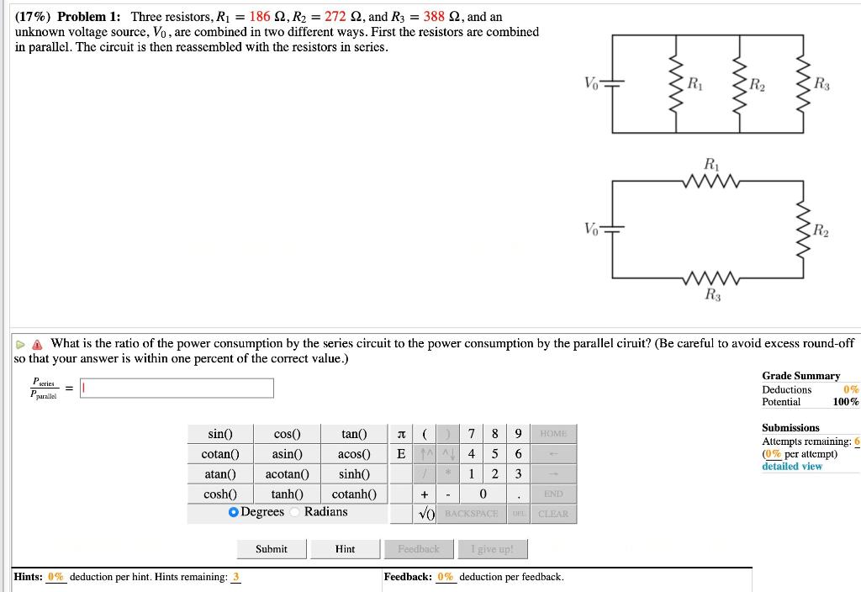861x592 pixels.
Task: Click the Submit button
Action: tap(272, 549)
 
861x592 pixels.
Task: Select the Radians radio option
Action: tap(296, 512)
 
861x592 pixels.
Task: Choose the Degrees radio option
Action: tap(234, 512)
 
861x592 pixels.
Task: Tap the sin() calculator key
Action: tap(219, 434)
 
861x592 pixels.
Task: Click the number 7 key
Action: tap(472, 434)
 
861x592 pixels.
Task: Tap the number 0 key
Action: tap(483, 494)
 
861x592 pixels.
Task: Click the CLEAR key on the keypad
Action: tap(552, 514)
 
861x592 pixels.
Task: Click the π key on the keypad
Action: tap(401, 434)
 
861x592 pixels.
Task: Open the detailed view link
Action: tap(792, 466)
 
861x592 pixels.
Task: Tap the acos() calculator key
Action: tap(354, 454)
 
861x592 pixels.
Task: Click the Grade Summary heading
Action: tap(800, 376)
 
